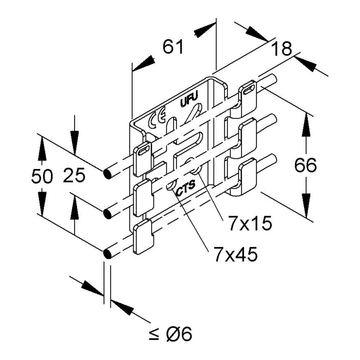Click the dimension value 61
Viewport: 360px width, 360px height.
coord(173,46)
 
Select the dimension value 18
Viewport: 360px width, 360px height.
coord(281,48)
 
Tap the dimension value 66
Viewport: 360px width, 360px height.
coord(305,165)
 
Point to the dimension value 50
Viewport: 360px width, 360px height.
coord(42,176)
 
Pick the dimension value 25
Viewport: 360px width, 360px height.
coord(74,175)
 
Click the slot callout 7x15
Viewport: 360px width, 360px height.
coord(250,223)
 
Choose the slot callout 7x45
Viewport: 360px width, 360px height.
coord(235,254)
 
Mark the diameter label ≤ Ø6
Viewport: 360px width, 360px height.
coord(170,333)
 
